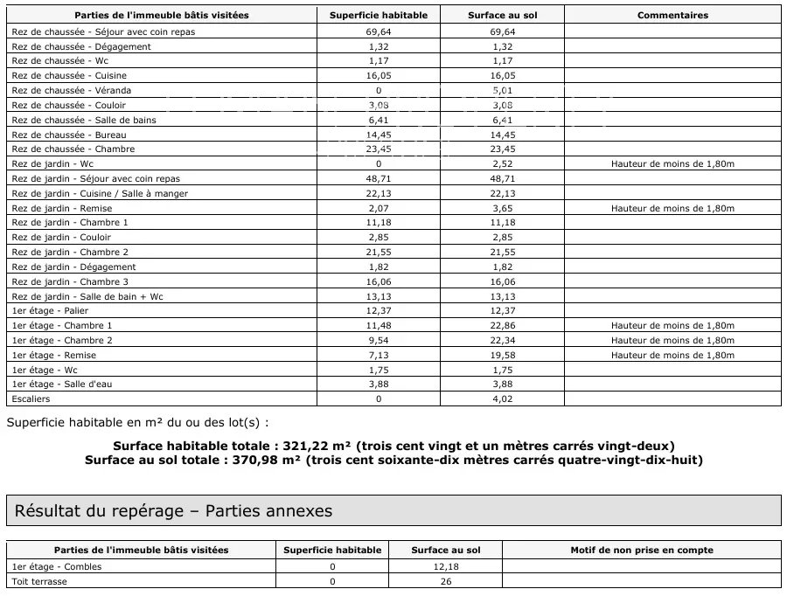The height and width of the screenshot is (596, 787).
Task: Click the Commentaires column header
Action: [672, 16]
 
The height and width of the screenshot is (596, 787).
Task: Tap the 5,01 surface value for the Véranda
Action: [503, 90]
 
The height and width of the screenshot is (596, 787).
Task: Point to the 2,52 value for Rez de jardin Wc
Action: [503, 163]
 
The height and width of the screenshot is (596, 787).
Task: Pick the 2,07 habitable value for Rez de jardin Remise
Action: [379, 208]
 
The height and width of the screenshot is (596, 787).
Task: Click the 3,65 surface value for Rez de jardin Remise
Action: [503, 208]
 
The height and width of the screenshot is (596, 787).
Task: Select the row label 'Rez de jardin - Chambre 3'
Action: [70, 281]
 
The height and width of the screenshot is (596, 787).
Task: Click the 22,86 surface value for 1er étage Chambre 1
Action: [503, 325]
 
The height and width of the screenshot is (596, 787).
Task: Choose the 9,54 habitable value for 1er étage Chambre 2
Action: [379, 340]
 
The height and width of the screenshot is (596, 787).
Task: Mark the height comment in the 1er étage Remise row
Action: [672, 355]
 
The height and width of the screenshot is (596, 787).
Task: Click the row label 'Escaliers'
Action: [31, 398]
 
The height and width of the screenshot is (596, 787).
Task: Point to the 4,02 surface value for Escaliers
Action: [503, 398]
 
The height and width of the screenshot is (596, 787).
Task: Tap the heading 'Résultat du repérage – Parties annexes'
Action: [172, 511]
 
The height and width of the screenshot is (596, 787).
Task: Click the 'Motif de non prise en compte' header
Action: [642, 550]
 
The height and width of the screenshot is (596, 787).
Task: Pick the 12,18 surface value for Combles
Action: [446, 565]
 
